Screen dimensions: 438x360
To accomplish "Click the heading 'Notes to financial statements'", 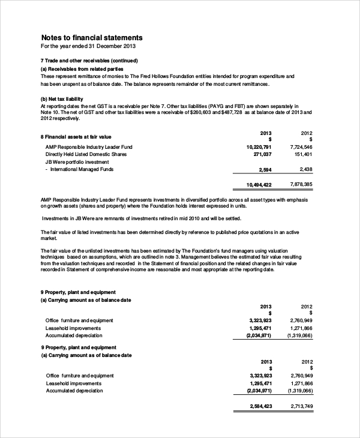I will coord(91,37).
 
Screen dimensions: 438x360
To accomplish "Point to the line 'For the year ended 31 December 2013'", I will coord(88,46).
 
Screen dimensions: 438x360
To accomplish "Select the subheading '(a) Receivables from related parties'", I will coord(86,68).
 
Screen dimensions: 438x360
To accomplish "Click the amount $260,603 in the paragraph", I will coord(217,112).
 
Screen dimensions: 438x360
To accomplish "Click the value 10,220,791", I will coord(259,147).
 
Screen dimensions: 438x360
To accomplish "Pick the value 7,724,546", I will coord(300,147).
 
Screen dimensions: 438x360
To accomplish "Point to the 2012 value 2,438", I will coord(305,169).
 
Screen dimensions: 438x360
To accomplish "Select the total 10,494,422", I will coord(259,185).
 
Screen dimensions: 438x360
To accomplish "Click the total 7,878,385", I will coord(300,184).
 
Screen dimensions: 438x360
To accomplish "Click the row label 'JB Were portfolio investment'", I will coord(77,161).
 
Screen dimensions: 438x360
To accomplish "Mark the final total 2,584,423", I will coord(260,407).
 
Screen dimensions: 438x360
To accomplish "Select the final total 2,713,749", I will coord(301,407).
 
